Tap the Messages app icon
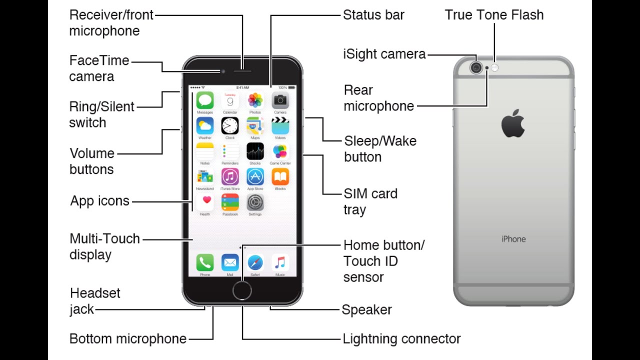[205, 100]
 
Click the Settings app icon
[255, 202]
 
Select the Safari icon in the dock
[255, 262]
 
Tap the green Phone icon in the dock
[205, 262]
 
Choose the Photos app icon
[255, 100]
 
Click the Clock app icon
[230, 125]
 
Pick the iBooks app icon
[280, 176]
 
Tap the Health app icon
[205, 202]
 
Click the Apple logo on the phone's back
[513, 123]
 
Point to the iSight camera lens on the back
[476, 67]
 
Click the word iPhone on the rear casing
[513, 239]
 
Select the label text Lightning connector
[401, 339]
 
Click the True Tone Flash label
[494, 15]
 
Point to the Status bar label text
[373, 15]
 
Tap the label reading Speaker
[366, 310]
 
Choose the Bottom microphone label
[127, 339]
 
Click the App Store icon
[255, 176]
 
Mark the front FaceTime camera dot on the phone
[223, 71]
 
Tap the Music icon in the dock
[280, 262]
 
